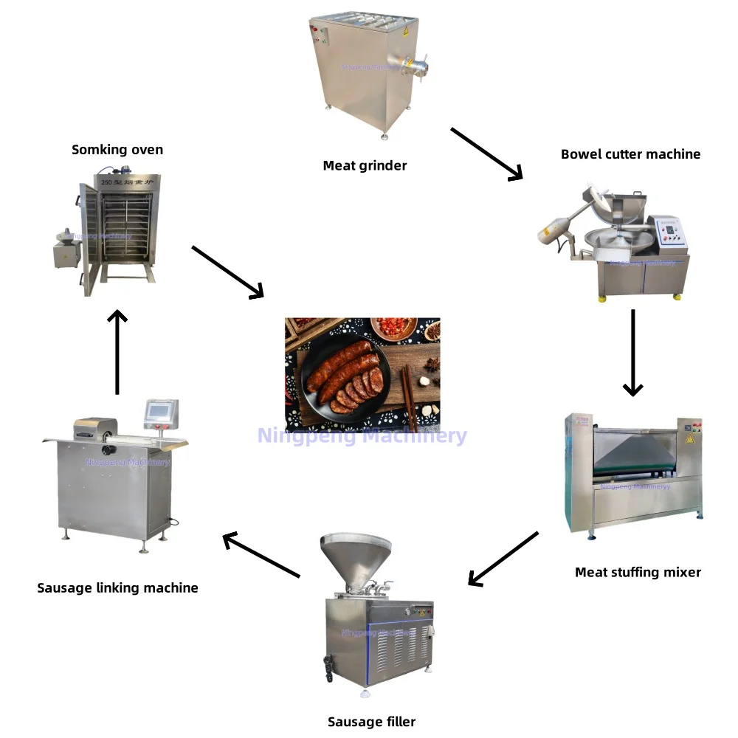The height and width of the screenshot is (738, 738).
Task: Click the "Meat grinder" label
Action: pyautogui.click(x=365, y=166)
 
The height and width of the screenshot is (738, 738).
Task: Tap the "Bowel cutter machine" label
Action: pyautogui.click(x=630, y=154)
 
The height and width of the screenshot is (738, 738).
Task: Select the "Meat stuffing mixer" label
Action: pyautogui.click(x=638, y=572)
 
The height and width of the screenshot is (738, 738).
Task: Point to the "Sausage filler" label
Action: pyautogui.click(x=371, y=722)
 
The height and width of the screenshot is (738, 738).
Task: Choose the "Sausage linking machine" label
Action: pyautogui.click(x=117, y=588)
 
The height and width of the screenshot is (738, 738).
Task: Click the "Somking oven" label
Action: pyautogui.click(x=117, y=150)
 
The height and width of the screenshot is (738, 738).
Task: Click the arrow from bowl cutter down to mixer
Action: pyautogui.click(x=632, y=352)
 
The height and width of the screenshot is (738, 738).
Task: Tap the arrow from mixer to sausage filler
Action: pyautogui.click(x=503, y=559)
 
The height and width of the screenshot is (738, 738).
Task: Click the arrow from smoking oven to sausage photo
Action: pyautogui.click(x=227, y=272)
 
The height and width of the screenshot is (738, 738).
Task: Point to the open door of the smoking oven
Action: pyautogui.click(x=89, y=236)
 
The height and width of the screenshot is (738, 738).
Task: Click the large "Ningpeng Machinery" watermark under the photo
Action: pyautogui.click(x=362, y=435)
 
